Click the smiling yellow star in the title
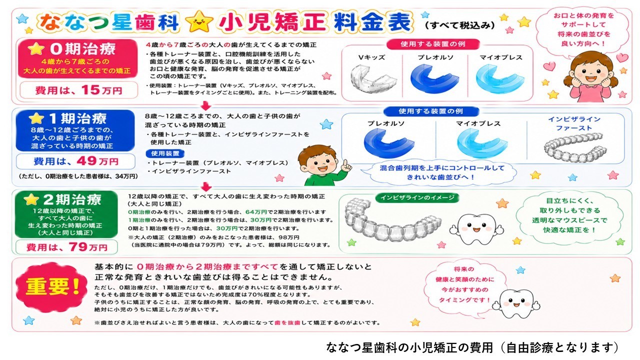pos(199,21)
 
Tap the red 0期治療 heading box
pos(77,58)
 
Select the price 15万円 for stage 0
pos(102,90)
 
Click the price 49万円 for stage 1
pos(97,161)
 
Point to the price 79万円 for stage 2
pos(88,247)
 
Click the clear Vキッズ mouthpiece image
pos(373,78)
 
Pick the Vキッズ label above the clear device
pos(371,57)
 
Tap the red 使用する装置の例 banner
pos(432,44)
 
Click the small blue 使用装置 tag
pos(165,153)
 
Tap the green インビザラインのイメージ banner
pos(417,197)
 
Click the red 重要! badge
pos(51,286)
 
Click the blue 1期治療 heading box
pos(75,130)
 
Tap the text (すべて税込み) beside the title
pos(460,25)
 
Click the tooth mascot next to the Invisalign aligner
pos(476,229)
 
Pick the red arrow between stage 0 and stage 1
pos(205,105)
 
